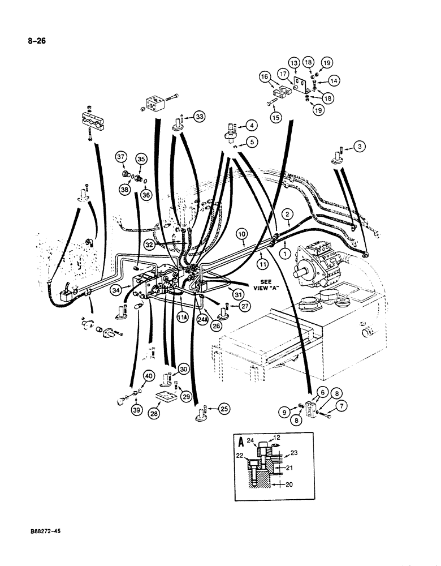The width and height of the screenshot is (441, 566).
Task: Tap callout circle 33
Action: (199, 117)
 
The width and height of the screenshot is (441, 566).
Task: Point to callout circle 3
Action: (362, 148)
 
